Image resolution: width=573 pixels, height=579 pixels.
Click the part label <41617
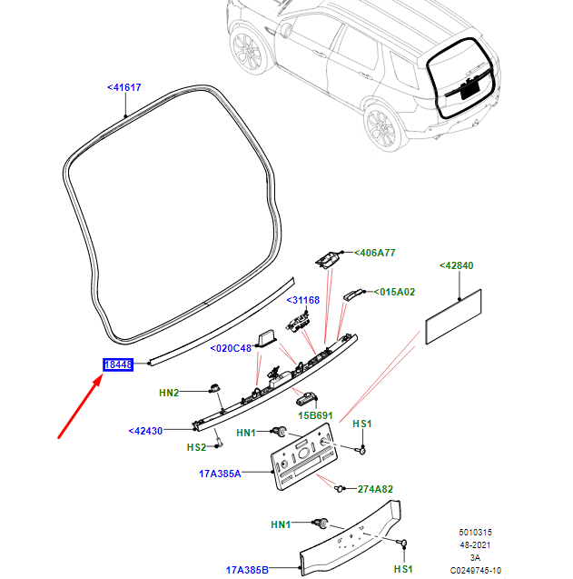pos(124,87)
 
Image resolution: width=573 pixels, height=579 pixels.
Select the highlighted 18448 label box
pos(119,364)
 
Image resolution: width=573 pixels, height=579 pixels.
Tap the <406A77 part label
pos(375,253)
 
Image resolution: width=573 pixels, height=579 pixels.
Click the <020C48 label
pos(231,348)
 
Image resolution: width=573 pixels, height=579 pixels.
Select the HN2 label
pos(169,392)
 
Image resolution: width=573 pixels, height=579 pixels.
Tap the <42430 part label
pos(145,431)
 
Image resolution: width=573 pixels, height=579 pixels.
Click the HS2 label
pos(196,447)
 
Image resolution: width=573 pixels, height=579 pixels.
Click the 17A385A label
pos(221,474)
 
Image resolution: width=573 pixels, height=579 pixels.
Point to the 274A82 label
pos(375,489)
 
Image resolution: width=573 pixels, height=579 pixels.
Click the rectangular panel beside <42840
pos(455,317)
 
